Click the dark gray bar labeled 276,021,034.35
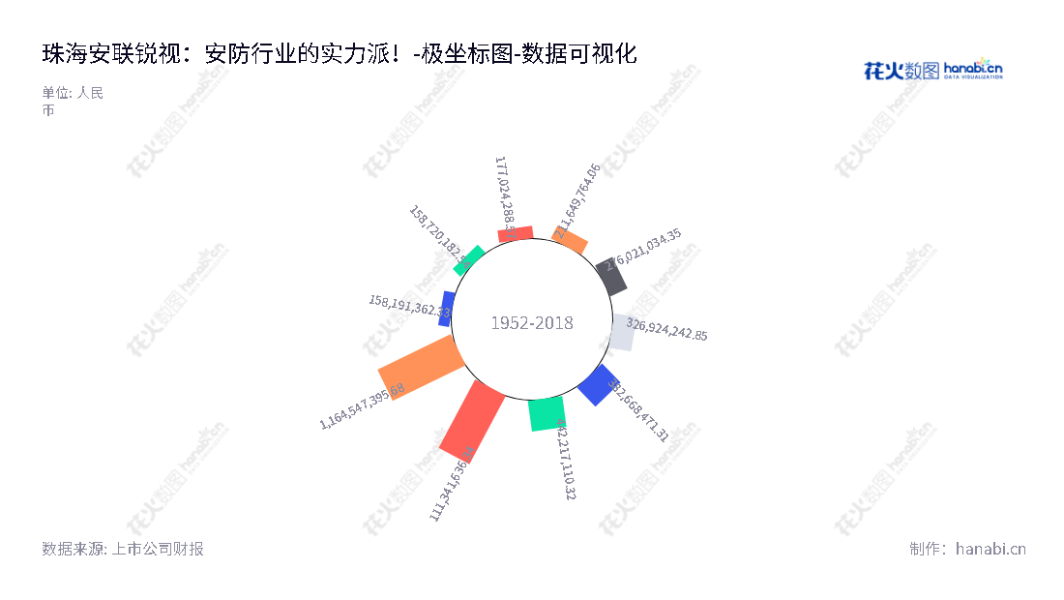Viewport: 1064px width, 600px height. tap(612, 277)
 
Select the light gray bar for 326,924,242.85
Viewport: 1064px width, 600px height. tap(623, 332)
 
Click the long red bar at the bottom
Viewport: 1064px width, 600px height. tap(472, 420)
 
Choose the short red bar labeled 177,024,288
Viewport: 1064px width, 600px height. tap(516, 234)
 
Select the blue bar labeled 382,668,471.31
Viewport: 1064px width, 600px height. tap(598, 384)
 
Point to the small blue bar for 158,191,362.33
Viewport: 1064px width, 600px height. tap(447, 309)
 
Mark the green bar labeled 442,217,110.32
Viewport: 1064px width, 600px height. tap(547, 413)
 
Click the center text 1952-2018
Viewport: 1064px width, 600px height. tap(532, 323)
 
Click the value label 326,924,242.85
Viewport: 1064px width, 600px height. tap(667, 329)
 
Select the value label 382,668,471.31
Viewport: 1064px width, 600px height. tap(638, 410)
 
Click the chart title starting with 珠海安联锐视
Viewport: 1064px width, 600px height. tap(340, 54)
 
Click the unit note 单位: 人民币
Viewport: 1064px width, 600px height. tap(72, 102)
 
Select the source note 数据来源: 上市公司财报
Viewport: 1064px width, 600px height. tap(123, 549)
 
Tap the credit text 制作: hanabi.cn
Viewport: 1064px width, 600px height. tap(967, 549)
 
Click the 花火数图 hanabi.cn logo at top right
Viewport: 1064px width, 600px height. tap(932, 70)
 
